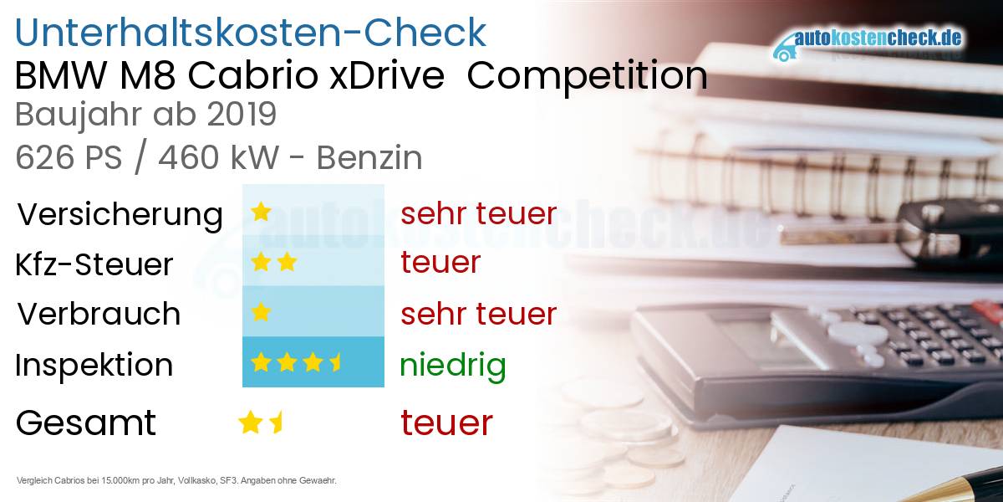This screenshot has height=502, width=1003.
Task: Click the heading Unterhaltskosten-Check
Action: [250, 33]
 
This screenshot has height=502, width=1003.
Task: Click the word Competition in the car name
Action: [587, 77]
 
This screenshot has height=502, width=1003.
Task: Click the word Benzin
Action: [369, 157]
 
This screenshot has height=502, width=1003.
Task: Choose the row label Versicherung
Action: [120, 214]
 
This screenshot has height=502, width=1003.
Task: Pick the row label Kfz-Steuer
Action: [94, 264]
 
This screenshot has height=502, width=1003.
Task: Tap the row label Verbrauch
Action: [99, 314]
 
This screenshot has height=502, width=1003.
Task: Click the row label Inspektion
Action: [94, 365]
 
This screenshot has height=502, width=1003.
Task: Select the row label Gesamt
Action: [85, 423]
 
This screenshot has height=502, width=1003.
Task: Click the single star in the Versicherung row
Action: [261, 212]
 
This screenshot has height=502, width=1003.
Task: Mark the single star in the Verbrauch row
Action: [261, 313]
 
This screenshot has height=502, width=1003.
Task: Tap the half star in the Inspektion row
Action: [336, 362]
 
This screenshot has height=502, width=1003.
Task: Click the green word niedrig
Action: [452, 365]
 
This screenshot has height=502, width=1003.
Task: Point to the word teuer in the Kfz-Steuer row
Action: [440, 263]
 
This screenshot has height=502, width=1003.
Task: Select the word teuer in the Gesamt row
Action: [446, 423]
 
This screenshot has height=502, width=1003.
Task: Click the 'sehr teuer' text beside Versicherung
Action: [478, 213]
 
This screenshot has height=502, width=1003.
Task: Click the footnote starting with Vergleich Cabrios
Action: [176, 480]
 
